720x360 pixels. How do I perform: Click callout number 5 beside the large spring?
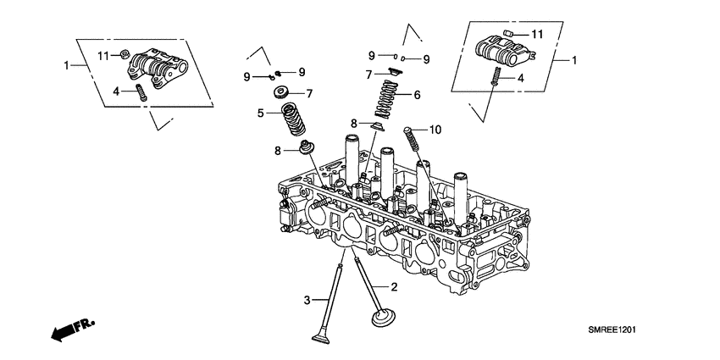[262, 112]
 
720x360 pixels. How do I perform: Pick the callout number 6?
[416, 95]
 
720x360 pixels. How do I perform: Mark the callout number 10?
[435, 130]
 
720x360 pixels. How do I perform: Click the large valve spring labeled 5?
[292, 119]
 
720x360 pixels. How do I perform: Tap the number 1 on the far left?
[66, 64]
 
